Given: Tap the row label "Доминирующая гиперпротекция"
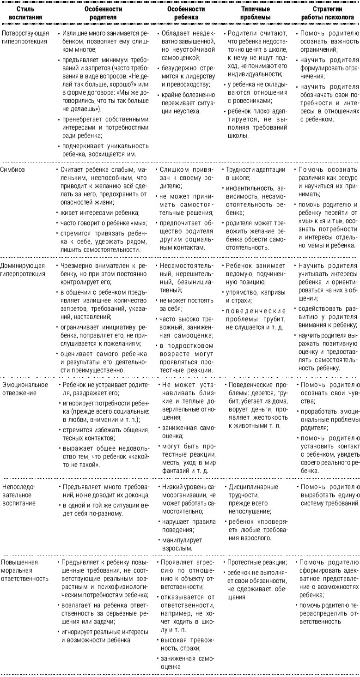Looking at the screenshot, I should point(24,270).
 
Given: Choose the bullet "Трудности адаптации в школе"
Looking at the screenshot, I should point(255,174).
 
